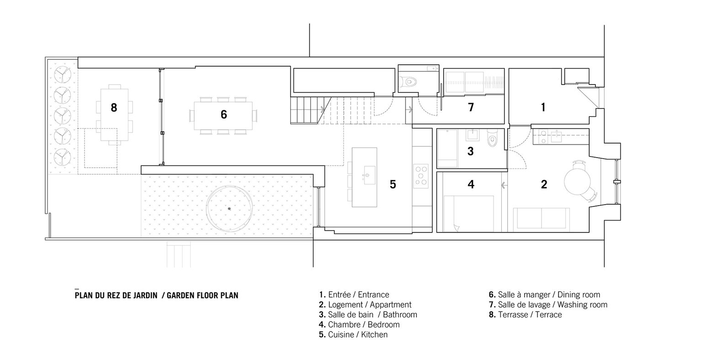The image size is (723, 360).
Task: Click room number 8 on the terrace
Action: (114, 107)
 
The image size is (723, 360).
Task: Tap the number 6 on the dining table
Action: (223, 115)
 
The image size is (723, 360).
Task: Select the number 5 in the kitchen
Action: (393, 184)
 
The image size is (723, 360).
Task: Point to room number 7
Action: (471, 107)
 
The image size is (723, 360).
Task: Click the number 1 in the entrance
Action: (543, 107)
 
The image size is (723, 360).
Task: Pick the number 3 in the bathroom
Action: (471, 151)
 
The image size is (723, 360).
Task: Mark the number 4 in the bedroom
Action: (471, 184)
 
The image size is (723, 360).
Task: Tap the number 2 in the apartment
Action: (544, 184)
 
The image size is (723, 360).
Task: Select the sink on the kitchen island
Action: (370, 175)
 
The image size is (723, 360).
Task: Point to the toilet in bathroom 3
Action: (492, 139)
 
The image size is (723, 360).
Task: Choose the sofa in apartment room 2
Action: (541, 218)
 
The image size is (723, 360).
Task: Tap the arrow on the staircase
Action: (322, 110)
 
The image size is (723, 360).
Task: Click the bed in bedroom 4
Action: (468, 213)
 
